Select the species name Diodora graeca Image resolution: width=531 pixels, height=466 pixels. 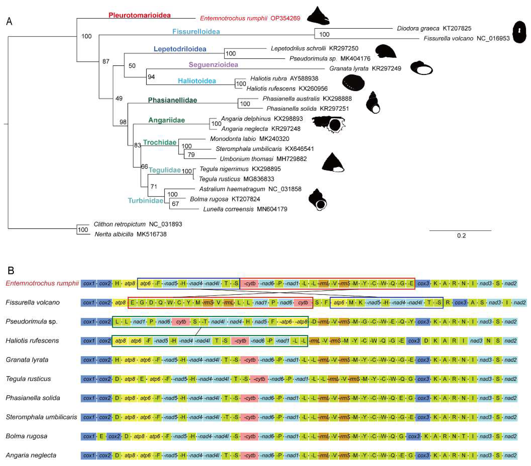tap(418, 28)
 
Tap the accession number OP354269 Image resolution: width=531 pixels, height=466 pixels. tap(285, 18)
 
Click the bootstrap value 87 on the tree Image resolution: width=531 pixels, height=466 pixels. tap(106, 61)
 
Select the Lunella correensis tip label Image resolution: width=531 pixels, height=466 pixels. tap(228, 209)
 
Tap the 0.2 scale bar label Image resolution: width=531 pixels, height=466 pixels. tap(461, 236)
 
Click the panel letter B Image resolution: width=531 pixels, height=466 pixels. tap(11, 271)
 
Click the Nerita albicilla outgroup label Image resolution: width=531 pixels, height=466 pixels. tap(114, 234)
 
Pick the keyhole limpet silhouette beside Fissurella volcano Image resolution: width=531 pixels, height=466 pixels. tap(519, 32)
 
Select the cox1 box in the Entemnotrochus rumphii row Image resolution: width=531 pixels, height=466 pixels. tap(89, 283)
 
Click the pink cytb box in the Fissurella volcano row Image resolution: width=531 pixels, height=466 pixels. tap(303, 302)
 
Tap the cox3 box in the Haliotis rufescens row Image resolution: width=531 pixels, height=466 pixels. tap(414, 340)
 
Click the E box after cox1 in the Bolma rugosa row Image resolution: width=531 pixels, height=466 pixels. tap(101, 436)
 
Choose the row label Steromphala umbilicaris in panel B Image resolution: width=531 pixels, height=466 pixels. tap(41, 417)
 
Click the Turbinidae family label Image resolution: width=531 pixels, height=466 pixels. tap(145, 200)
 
